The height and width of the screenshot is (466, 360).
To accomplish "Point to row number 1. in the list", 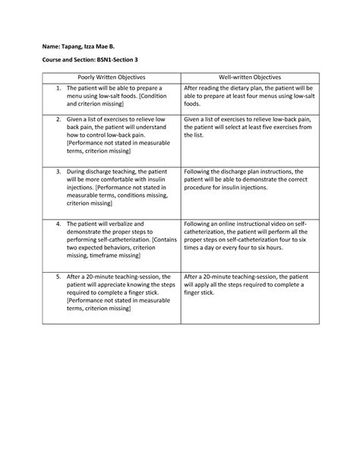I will coord(59,88).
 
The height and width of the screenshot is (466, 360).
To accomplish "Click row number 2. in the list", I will coord(59,119).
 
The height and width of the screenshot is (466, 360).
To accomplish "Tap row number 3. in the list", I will coord(59,172).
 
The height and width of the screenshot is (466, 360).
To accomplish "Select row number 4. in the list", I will coord(59,225).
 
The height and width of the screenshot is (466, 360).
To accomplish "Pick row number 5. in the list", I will coord(59,277).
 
